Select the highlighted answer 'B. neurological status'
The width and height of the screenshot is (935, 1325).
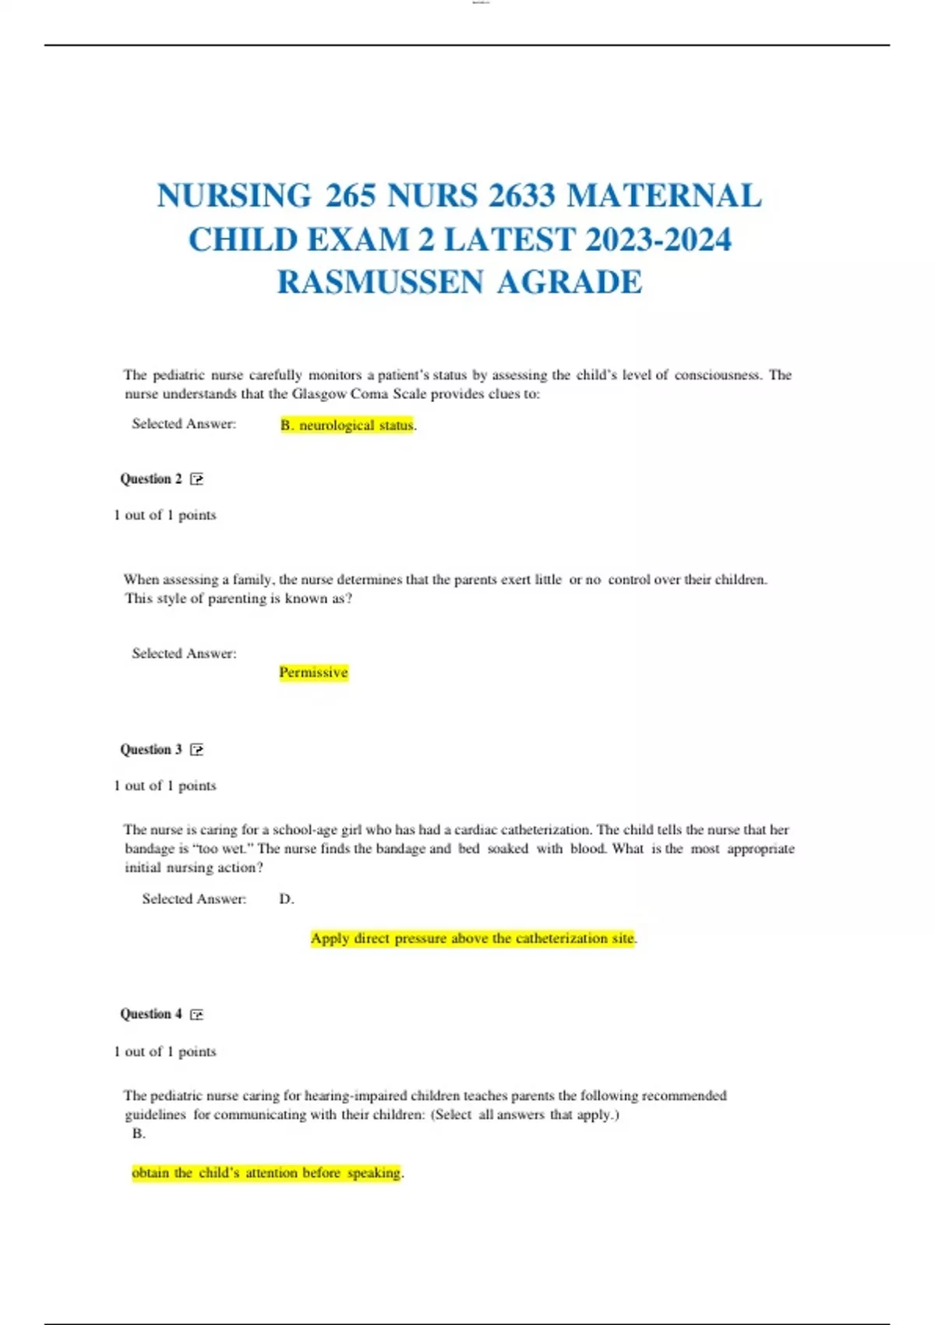coord(348,425)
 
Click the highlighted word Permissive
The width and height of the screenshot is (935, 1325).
coord(313,673)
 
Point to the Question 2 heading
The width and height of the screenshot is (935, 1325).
coord(151,479)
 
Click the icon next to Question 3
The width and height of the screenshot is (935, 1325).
coord(196,750)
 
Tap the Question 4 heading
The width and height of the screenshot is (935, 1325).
coord(151,1014)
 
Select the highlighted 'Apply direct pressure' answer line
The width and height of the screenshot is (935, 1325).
coord(472,938)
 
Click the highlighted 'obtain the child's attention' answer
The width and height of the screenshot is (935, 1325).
coord(266,1172)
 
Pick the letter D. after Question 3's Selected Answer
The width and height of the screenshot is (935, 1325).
coord(286,899)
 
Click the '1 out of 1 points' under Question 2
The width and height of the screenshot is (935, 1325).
coord(165,515)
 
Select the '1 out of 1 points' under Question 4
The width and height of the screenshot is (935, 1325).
coord(165,1051)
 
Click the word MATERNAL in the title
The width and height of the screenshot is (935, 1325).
coord(664,196)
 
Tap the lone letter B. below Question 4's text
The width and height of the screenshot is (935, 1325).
coord(139,1133)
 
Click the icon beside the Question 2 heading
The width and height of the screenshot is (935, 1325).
coord(196,479)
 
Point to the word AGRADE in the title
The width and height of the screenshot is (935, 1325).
coord(570,282)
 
